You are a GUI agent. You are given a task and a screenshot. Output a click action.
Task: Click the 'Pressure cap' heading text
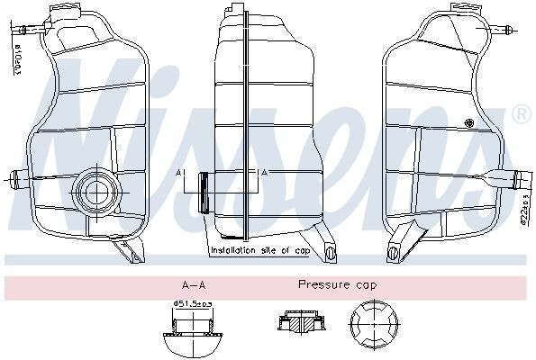click(338, 284)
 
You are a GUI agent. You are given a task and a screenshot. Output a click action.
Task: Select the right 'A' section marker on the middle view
click(261, 172)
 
